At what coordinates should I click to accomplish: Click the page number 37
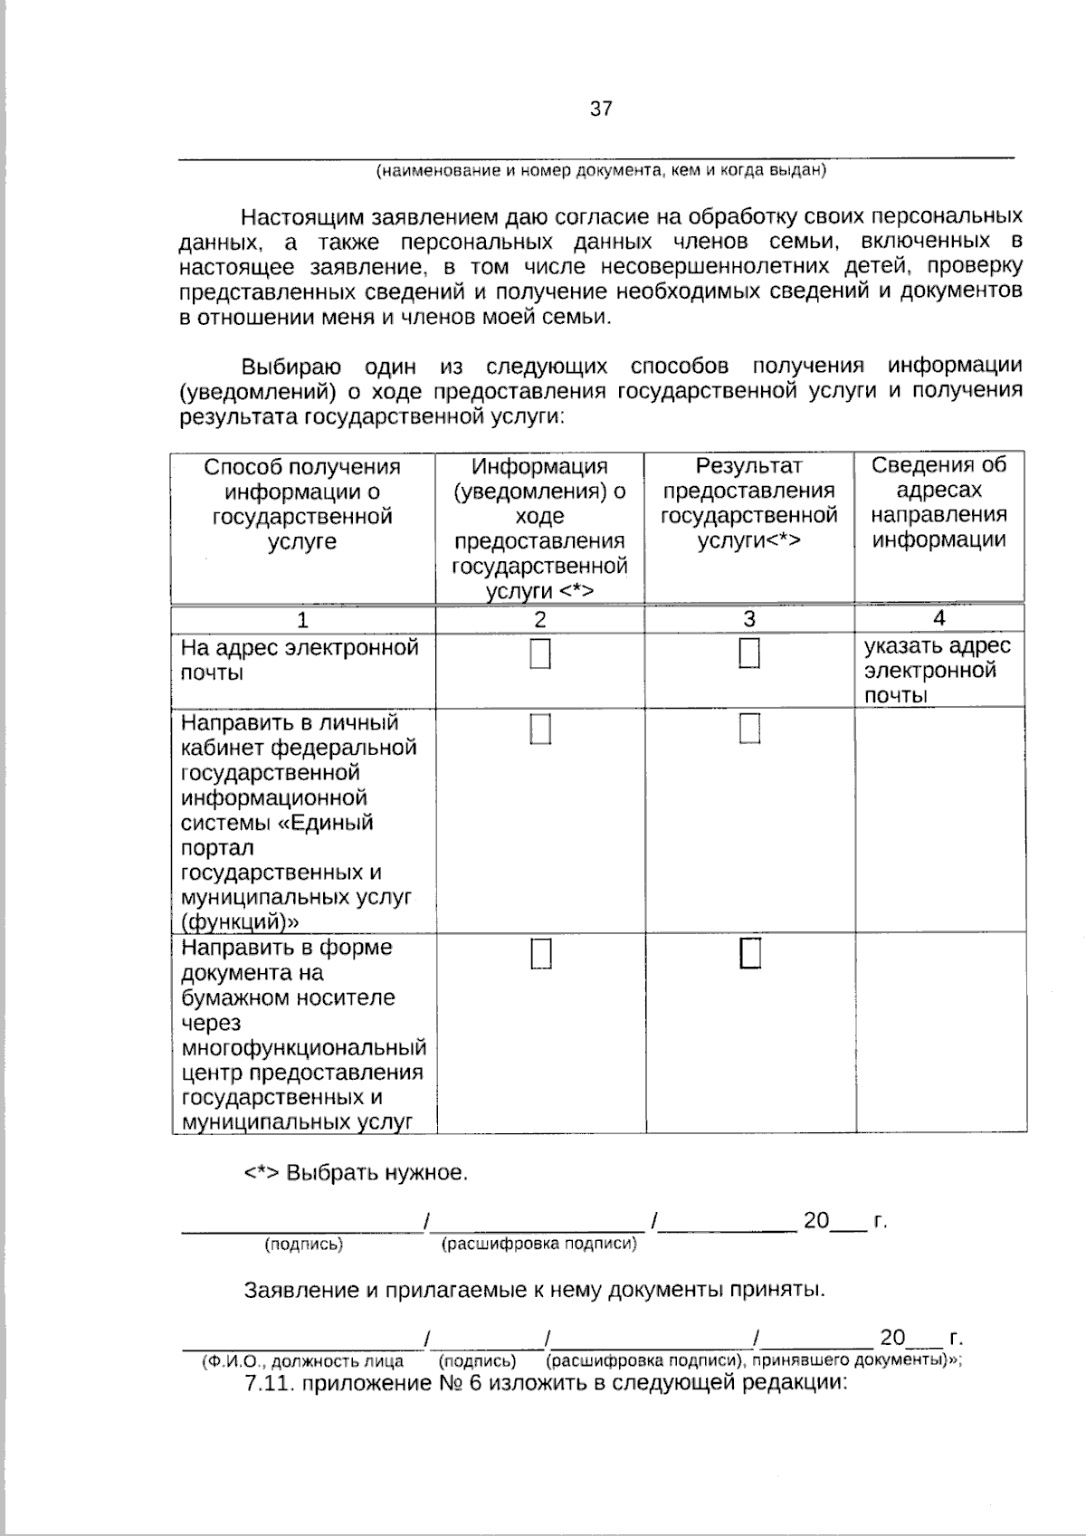click(x=601, y=110)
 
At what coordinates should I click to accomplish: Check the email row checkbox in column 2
click(x=540, y=654)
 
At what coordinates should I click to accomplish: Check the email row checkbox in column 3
click(x=749, y=654)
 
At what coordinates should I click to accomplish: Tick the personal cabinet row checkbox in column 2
click(x=540, y=729)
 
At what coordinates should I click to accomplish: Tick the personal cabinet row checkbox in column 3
click(x=749, y=728)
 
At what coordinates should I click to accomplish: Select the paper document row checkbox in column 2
click(x=540, y=954)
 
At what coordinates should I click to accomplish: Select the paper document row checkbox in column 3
click(x=750, y=953)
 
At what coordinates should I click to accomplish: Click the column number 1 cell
click(x=303, y=620)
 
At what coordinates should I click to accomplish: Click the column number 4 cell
click(x=939, y=618)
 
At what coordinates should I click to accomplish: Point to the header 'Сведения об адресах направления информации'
click(x=938, y=502)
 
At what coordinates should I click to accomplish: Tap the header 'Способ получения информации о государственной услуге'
click(x=302, y=504)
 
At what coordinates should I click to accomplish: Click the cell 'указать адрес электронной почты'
click(x=937, y=671)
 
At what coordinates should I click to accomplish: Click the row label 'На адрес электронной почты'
click(x=299, y=660)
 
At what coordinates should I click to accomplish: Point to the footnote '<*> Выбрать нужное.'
click(x=356, y=1173)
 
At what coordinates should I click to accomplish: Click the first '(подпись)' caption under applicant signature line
click(x=303, y=1245)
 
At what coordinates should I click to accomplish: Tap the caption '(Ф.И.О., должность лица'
click(x=302, y=1360)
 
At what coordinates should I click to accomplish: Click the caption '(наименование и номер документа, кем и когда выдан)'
click(x=601, y=170)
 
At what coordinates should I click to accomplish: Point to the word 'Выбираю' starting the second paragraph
click(x=291, y=367)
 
